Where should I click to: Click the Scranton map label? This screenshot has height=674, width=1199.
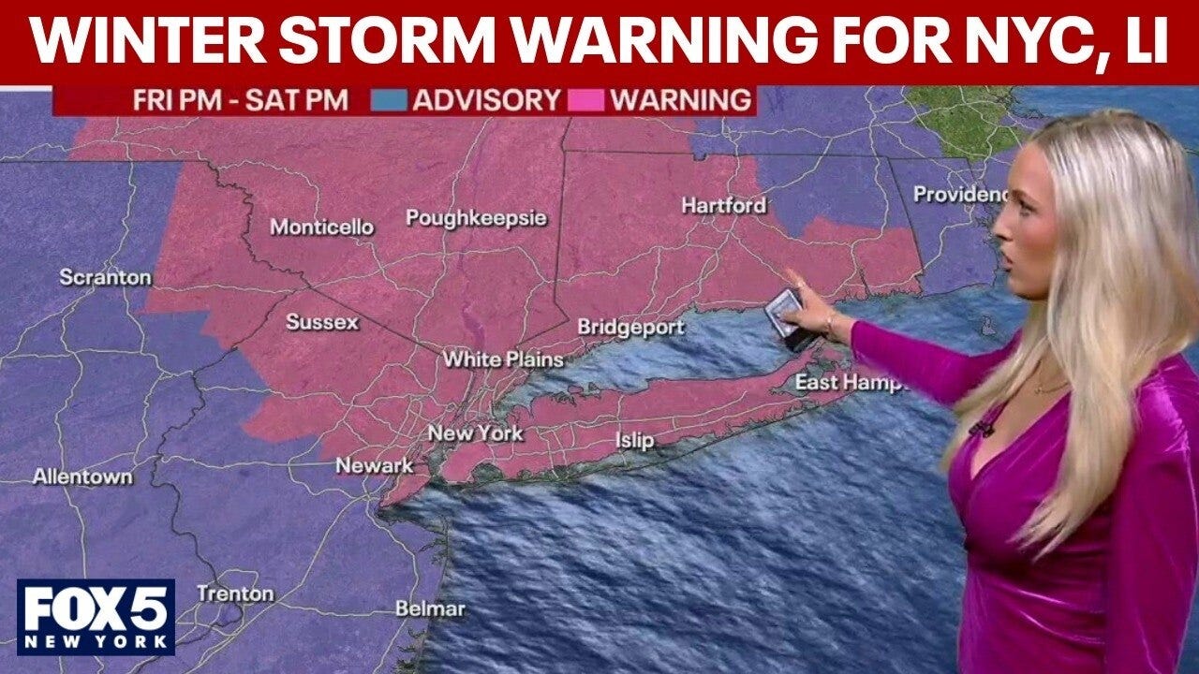(x=105, y=277)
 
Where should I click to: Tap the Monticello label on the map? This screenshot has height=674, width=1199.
(x=321, y=227)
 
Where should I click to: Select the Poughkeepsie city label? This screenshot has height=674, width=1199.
(x=476, y=218)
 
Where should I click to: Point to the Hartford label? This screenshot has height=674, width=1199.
(x=723, y=205)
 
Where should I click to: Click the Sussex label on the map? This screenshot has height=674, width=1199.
(x=321, y=322)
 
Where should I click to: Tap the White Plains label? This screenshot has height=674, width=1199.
(x=503, y=359)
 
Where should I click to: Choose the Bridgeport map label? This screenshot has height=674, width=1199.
(x=630, y=328)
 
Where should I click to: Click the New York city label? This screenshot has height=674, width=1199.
(x=475, y=432)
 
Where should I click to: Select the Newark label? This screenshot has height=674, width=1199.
(x=375, y=465)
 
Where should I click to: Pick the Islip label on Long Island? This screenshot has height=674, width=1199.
(x=634, y=440)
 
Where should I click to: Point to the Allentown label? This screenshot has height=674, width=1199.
(x=82, y=476)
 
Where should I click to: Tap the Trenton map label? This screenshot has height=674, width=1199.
(x=235, y=593)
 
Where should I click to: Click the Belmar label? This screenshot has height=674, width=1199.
(x=430, y=608)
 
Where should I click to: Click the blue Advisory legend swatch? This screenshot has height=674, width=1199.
(x=389, y=100)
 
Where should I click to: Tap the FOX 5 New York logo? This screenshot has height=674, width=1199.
(x=96, y=616)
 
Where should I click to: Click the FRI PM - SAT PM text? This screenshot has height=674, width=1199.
(x=241, y=100)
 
